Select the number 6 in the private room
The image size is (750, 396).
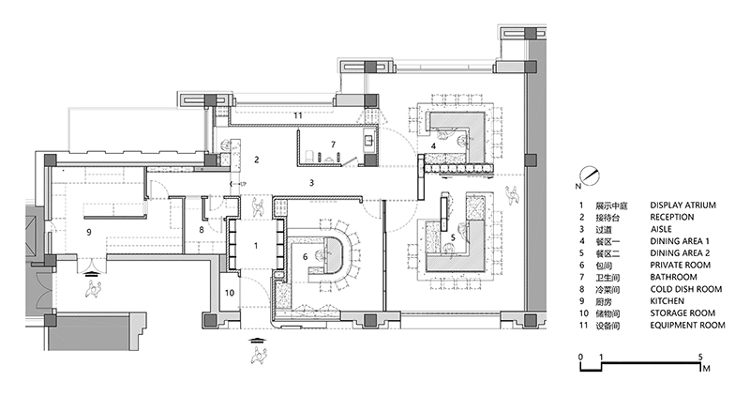pos(305,255)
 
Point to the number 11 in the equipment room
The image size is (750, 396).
pos(297,114)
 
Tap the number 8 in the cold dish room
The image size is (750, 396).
pos(201,230)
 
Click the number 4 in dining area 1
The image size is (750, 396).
pos(433,145)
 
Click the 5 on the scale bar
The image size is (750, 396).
pos(700,358)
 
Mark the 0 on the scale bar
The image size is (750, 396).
pos(581,358)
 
